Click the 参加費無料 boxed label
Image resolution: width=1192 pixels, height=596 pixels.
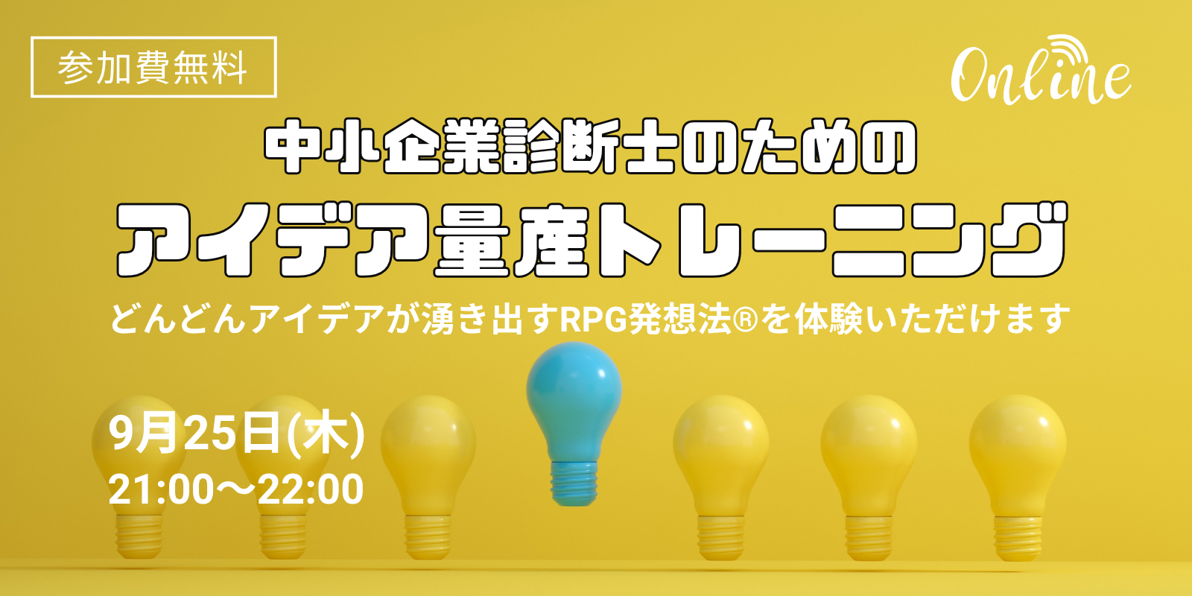point(153,67)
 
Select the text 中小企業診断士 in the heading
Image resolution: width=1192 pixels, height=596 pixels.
point(471,146)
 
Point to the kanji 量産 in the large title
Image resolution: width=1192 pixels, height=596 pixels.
point(512,239)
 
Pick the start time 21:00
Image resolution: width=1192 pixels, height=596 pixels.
point(161,489)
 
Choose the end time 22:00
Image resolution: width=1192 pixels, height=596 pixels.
point(311,489)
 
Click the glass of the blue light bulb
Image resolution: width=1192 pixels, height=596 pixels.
point(574,399)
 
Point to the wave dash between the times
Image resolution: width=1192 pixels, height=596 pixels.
point(235,490)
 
